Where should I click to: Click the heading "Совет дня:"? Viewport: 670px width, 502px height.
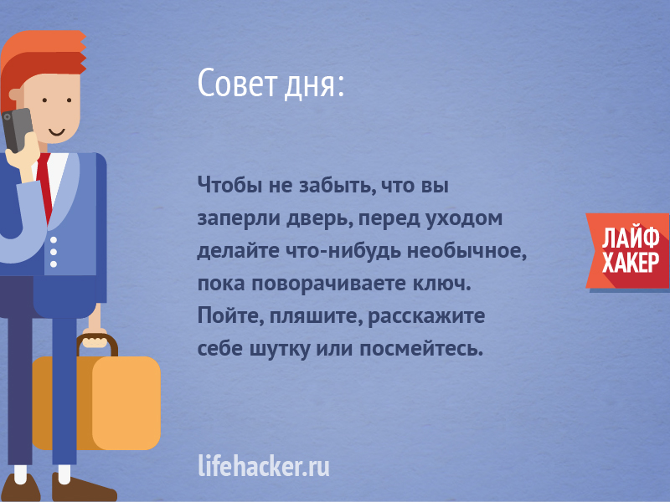[271, 83]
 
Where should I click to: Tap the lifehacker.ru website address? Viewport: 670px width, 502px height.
[264, 465]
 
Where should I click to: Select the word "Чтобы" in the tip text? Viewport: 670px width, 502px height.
[229, 185]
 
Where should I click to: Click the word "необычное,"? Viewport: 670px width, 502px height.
[466, 250]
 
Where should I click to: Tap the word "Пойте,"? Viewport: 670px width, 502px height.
[231, 316]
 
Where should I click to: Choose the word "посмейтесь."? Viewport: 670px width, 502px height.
[421, 349]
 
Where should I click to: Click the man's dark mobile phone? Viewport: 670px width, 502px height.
[17, 130]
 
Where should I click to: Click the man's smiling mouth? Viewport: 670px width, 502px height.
[56, 132]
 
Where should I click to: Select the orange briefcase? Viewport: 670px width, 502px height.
[96, 402]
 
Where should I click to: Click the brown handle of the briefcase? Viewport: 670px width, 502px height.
[97, 345]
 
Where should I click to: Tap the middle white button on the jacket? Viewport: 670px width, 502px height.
[54, 252]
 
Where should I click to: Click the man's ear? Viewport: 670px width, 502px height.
[16, 95]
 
